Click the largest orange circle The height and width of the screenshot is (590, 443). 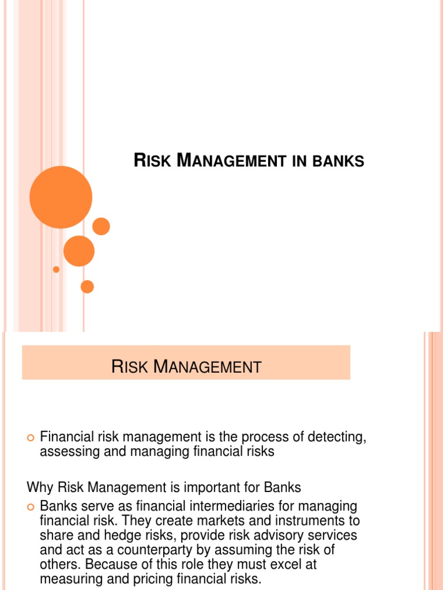point(61,197)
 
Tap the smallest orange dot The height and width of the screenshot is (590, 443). point(56,269)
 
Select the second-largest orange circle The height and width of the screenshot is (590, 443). point(79,251)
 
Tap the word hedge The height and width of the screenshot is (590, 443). point(109,535)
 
